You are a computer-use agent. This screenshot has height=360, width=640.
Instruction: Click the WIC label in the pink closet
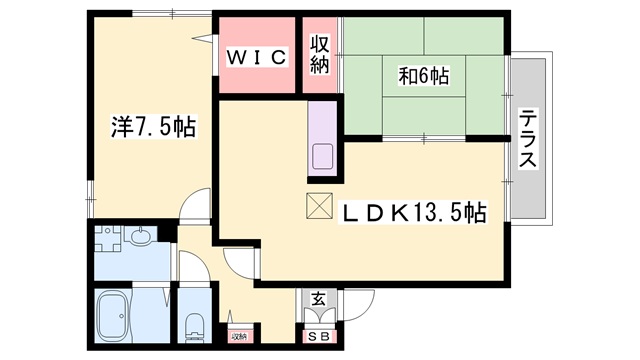[x=256, y=56]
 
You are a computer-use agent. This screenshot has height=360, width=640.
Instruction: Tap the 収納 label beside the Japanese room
[x=320, y=55]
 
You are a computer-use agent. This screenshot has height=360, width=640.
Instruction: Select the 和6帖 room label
[x=424, y=76]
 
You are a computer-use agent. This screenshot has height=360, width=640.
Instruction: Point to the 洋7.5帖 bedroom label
[x=153, y=127]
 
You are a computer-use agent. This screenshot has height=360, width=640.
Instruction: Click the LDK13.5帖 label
[x=412, y=212]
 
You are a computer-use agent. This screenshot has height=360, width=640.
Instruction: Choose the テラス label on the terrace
[x=529, y=138]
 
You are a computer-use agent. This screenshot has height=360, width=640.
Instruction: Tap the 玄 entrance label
[x=319, y=299]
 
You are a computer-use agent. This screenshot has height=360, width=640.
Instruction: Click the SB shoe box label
[x=319, y=337]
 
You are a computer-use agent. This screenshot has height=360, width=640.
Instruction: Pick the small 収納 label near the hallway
[x=239, y=337]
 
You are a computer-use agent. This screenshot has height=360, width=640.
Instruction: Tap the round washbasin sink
[x=141, y=236]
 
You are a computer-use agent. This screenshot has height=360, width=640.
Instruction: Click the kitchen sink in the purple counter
[x=323, y=157]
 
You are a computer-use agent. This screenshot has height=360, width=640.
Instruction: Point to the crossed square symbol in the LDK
[x=320, y=206]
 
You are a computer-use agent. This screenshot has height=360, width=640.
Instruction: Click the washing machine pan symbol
[x=108, y=238]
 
